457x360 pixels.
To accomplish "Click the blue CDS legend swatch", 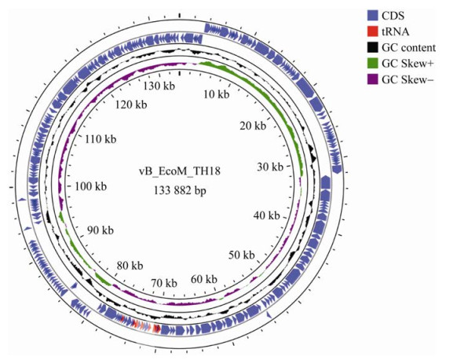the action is click(372, 16).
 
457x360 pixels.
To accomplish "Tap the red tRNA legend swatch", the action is click(372, 31).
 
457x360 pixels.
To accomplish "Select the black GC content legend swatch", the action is click(372, 47).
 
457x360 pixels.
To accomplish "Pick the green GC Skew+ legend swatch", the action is click(372, 64).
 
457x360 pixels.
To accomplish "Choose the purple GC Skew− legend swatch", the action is click(372, 79).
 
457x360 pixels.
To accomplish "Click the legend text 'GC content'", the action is click(409, 47).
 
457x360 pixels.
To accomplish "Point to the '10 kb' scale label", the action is click(217, 94).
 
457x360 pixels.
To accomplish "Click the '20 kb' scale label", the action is click(253, 126).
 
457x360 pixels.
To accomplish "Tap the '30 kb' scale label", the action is click(270, 167).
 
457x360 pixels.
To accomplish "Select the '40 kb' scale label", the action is click(267, 215).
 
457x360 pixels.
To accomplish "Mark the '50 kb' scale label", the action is click(242, 255).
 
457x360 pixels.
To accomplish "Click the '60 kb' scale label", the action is click(204, 279).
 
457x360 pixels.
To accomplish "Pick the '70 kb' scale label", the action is click(164, 283).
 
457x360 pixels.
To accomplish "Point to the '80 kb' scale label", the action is click(130, 266).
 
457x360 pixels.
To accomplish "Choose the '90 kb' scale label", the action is click(101, 230).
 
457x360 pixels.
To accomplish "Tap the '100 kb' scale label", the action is click(91, 186).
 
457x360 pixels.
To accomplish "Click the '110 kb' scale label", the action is click(101, 139).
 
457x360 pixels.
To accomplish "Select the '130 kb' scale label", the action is click(159, 86).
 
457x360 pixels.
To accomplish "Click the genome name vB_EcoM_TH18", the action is click(180, 171).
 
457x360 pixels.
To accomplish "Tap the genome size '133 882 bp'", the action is click(180, 191).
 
